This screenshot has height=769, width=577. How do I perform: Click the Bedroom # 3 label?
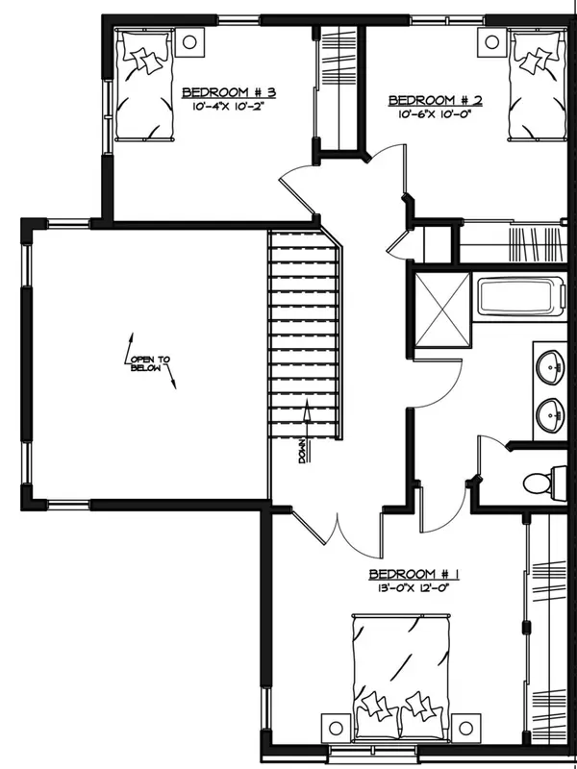230,92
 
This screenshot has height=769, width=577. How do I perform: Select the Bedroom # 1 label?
414,575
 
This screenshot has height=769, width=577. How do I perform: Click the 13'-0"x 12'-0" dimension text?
414,589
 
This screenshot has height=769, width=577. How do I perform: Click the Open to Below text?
150,366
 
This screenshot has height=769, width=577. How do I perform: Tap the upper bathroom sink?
551,365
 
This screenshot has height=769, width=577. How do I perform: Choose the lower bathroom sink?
551,415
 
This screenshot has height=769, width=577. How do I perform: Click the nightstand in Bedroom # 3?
189,41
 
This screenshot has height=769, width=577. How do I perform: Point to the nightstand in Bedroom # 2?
491,41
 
